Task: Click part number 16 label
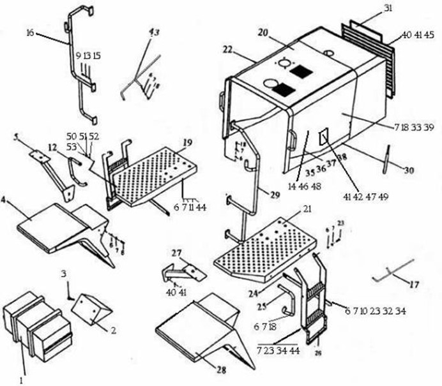point(30,33)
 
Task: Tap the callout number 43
point(153,33)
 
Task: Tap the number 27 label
point(177,253)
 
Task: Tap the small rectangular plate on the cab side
point(324,136)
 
